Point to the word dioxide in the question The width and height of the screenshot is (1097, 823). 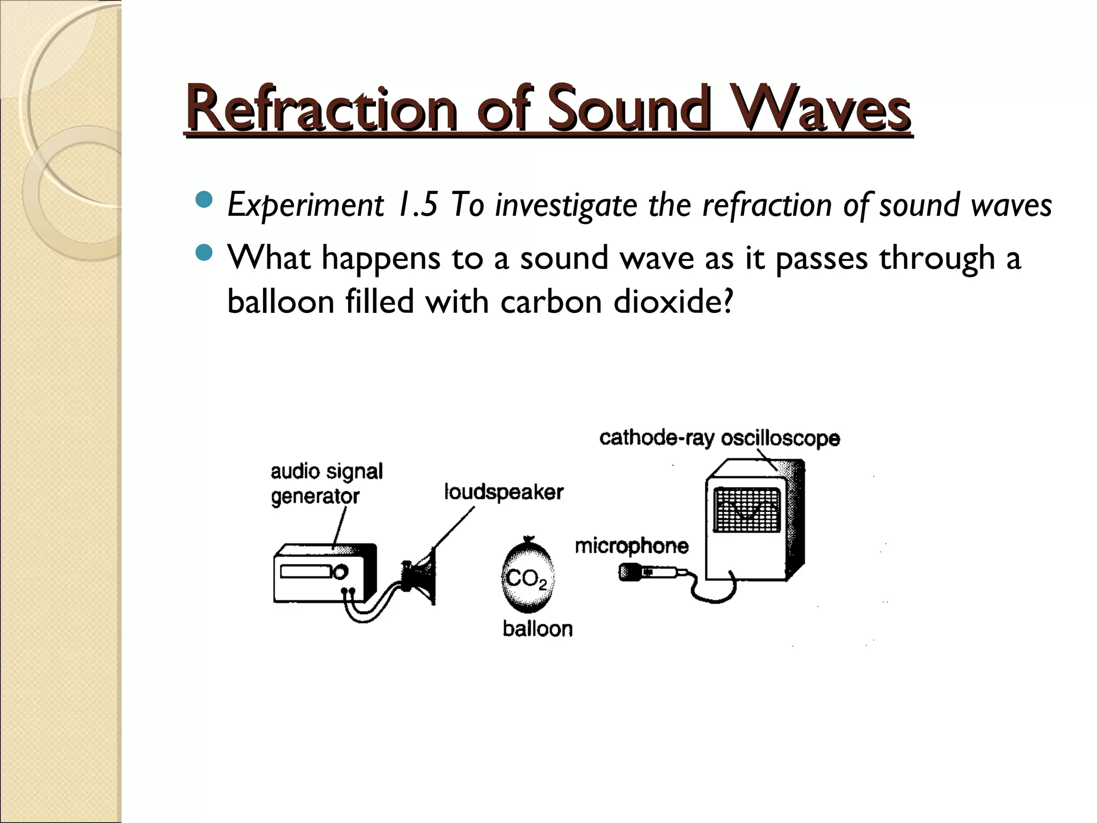(x=673, y=302)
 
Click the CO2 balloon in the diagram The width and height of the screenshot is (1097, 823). (x=528, y=576)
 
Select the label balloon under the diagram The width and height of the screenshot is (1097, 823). (x=537, y=629)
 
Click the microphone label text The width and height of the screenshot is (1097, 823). (x=632, y=546)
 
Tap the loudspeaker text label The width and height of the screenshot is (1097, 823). (x=504, y=492)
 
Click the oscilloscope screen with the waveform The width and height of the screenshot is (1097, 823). (x=747, y=510)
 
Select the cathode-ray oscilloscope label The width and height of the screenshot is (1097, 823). (x=719, y=438)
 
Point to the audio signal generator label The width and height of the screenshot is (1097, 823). (x=326, y=484)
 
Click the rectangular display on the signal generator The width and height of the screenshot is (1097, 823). (x=304, y=572)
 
